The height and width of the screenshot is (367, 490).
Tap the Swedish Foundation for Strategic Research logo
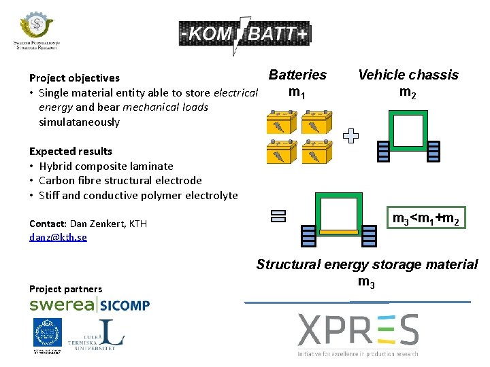tap(36, 31)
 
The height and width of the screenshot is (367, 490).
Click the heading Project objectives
tap(74, 78)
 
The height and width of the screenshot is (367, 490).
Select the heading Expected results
tap(71, 151)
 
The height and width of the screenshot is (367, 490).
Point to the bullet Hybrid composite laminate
tap(106, 166)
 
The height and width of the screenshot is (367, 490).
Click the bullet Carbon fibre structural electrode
tap(120, 181)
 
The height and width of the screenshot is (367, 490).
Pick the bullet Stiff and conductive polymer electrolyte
tap(138, 196)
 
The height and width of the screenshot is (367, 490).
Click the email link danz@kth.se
tap(58, 237)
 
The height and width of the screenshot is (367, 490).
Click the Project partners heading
tap(65, 289)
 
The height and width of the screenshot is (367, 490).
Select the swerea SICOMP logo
tap(89, 304)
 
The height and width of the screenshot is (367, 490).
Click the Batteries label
tap(297, 75)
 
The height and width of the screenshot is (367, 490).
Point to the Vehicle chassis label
tap(408, 75)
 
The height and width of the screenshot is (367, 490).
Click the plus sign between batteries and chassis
tap(350, 137)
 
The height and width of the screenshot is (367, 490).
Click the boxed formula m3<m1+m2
tap(427, 218)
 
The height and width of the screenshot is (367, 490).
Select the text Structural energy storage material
tap(367, 264)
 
